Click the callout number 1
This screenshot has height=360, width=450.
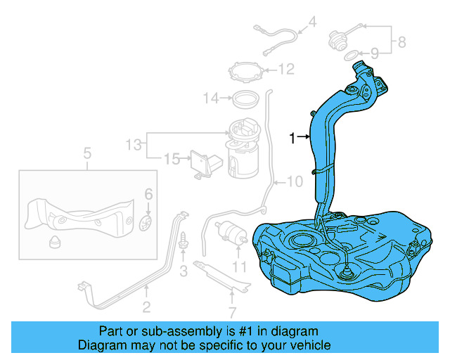[x=292, y=139]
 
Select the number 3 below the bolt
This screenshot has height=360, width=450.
[x=183, y=270]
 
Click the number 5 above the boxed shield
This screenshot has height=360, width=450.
[x=87, y=153]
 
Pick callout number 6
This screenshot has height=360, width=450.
[x=148, y=194]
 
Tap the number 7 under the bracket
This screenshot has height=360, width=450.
[x=233, y=311]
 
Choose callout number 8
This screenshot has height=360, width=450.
[x=401, y=41]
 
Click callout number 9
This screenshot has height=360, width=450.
[x=374, y=53]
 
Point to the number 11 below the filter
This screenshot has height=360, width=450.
[x=240, y=266]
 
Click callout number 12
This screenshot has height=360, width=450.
[x=285, y=69]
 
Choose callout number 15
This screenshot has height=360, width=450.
[x=171, y=160]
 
